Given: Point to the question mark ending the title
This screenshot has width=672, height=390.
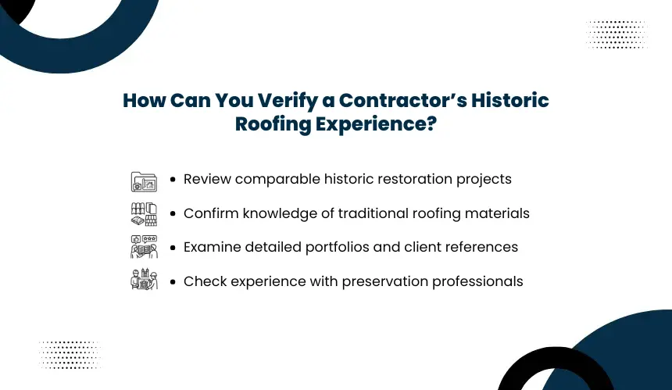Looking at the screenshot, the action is pyautogui.click(x=431, y=123).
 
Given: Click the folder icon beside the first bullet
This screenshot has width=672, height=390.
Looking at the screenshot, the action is pyautogui.click(x=144, y=182).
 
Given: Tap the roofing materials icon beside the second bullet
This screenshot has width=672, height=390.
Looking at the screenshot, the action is pyautogui.click(x=144, y=214).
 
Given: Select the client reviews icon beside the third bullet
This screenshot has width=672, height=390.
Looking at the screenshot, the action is pyautogui.click(x=144, y=247).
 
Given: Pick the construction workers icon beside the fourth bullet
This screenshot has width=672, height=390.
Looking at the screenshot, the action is pyautogui.click(x=144, y=279).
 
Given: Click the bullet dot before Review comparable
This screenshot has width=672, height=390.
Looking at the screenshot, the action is pyautogui.click(x=173, y=179).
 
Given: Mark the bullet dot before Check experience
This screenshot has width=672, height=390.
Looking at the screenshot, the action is pyautogui.click(x=173, y=281).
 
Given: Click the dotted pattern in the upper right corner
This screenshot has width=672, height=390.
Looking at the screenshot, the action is pyautogui.click(x=617, y=34).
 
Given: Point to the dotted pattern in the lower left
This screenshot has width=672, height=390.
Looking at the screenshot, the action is pyautogui.click(x=70, y=355).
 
